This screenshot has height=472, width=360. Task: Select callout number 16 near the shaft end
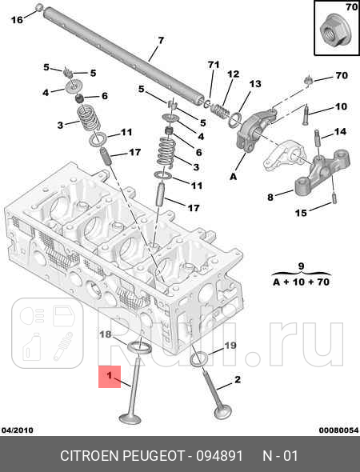(17, 20)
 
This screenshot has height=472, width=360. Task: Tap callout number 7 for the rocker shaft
(160, 41)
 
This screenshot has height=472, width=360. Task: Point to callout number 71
(213, 64)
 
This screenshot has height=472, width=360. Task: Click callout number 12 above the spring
(233, 74)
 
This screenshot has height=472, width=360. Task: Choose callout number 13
(255, 84)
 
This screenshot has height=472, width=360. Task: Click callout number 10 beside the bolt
(341, 107)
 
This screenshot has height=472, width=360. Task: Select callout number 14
(340, 131)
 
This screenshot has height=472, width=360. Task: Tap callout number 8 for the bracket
(270, 196)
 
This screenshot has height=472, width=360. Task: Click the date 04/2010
(17, 430)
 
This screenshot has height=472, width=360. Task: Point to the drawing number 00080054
(338, 430)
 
